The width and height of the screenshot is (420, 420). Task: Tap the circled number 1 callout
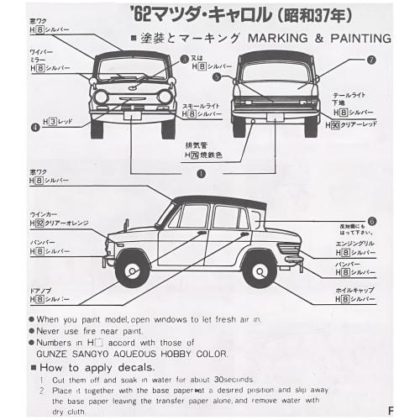(x=201, y=174)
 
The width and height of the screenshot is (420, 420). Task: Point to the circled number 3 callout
(x=184, y=58)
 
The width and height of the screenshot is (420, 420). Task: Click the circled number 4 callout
(x=35, y=128)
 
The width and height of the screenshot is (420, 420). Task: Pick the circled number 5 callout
(x=217, y=76)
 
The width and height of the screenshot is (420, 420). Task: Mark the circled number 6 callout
(x=371, y=221)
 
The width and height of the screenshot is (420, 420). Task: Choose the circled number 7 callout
(x=371, y=60)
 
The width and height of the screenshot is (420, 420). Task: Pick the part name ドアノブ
(x=41, y=290)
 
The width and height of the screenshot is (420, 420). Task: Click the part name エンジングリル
(x=354, y=243)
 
